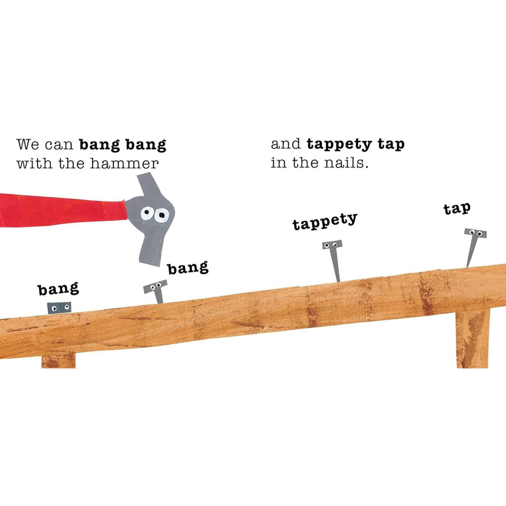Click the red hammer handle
[59, 210]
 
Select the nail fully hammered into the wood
[59, 308]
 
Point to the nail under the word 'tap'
[473, 244]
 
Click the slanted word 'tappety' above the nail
[325, 222]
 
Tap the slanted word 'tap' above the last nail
[457, 209]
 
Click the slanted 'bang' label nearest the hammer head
[188, 268]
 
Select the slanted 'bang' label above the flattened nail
[58, 289]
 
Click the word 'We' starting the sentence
[28, 145]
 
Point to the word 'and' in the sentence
[286, 144]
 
